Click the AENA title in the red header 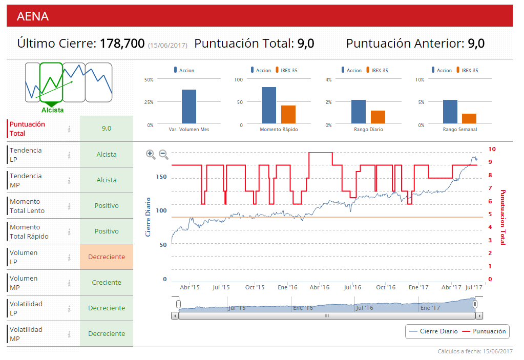coord(33,16)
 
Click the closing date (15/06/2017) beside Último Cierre coord(167,46)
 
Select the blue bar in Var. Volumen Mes coord(189,107)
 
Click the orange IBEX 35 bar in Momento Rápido coord(288,115)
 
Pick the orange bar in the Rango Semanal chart coord(469,119)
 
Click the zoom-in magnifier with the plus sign coord(151,154)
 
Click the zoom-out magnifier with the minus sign coord(163,154)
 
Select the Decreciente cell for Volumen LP coord(107,257)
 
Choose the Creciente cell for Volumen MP coord(107,283)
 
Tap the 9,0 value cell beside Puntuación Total coord(107,129)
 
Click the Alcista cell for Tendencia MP coord(107,180)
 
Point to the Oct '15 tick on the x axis coord(255,287)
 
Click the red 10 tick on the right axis coord(492,149)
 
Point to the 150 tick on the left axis coord(161,177)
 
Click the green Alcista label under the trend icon coord(53,110)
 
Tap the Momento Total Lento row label coord(27,206)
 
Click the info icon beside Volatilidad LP coord(69,308)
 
